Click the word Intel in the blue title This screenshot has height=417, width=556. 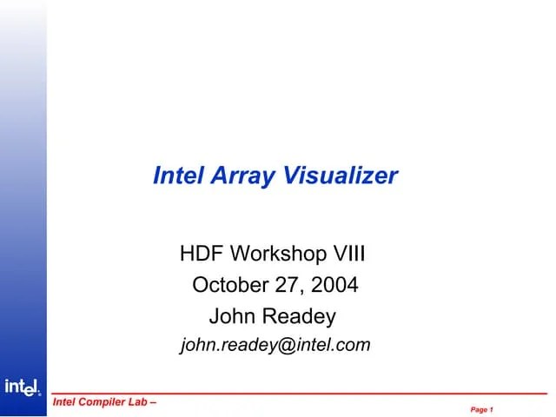tap(176, 175)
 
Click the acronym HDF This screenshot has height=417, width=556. tap(200, 255)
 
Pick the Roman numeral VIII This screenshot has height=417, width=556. tap(349, 255)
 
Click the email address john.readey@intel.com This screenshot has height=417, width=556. tap(275, 345)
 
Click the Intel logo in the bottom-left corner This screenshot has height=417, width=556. tap(23, 387)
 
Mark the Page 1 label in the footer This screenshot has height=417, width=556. tap(482, 408)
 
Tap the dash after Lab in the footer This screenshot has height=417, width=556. tap(154, 403)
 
